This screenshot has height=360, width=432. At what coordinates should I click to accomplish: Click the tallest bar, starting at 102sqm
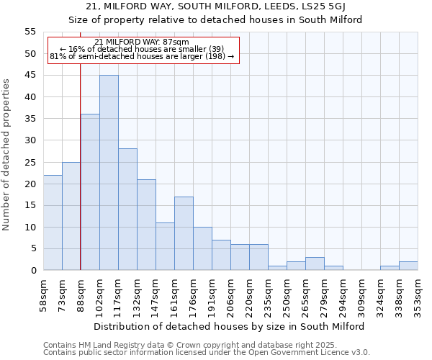(x=109, y=173)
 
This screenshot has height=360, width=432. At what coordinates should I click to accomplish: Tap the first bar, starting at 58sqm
(x=53, y=222)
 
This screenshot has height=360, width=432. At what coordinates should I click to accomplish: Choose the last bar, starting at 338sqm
(x=408, y=266)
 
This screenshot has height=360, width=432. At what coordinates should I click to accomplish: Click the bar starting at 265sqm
(x=315, y=264)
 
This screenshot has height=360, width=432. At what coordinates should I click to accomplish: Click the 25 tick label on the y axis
(x=30, y=163)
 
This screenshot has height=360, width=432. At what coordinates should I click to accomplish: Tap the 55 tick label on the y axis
(x=30, y=32)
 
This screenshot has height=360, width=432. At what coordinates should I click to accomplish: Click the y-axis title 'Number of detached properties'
(x=7, y=155)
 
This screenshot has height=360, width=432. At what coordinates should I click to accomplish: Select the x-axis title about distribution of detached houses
(x=230, y=326)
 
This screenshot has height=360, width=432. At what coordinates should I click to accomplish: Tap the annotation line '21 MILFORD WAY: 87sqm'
(x=142, y=42)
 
